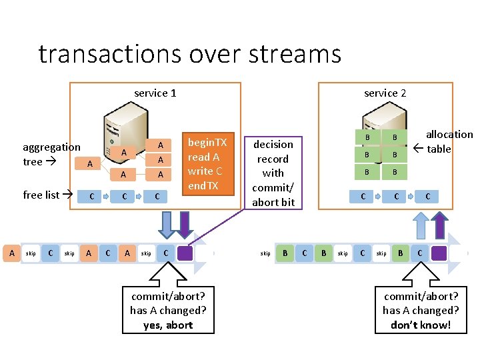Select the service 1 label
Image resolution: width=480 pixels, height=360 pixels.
(155, 93)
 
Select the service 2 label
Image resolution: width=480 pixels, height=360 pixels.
(385, 93)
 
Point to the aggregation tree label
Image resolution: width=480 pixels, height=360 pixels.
(51, 154)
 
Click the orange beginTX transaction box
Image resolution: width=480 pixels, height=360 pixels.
(207, 163)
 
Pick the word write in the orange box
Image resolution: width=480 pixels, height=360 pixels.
(199, 171)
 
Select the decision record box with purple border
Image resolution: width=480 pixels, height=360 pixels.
(273, 173)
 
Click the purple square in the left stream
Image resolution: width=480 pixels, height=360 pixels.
(186, 253)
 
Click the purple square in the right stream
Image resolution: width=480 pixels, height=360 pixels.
(439, 253)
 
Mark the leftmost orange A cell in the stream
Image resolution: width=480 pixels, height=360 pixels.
(11, 253)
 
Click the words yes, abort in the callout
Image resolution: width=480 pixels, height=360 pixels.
(168, 325)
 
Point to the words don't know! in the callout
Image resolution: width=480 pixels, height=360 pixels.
(421, 325)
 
